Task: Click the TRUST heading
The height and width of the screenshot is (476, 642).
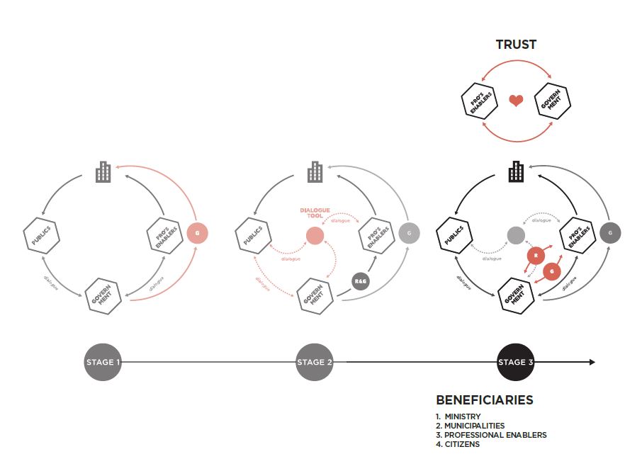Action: coord(516,45)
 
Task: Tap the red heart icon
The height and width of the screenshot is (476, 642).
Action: coord(516,101)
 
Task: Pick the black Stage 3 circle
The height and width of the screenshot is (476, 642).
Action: coord(516,362)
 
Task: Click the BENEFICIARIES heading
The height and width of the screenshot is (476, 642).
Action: coord(484,400)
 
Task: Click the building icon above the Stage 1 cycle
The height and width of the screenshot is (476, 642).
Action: coord(103,171)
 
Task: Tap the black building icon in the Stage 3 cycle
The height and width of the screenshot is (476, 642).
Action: coord(516,171)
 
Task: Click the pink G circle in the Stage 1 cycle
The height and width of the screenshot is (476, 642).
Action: coord(198,233)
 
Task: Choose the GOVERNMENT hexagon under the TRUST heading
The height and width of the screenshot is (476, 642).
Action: coord(553,101)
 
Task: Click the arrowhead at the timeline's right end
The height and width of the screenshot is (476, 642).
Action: coord(590,362)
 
